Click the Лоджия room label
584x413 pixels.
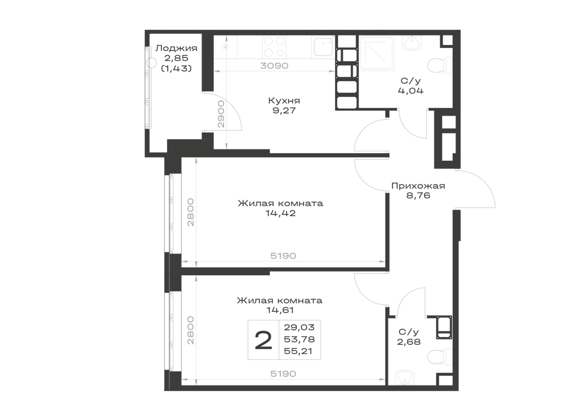click(176, 48)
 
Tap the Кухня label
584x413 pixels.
click(284, 100)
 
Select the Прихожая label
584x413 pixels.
click(418, 185)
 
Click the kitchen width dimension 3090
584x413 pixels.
click(274, 66)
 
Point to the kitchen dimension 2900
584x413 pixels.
click(221, 114)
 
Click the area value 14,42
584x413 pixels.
click(280, 213)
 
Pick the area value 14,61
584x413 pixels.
click(280, 310)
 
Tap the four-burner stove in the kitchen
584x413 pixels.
click(274, 47)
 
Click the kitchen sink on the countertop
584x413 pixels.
click(323, 47)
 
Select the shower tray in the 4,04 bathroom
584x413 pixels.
click(377, 53)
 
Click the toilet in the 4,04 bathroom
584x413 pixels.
click(436, 66)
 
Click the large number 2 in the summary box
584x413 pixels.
click(263, 340)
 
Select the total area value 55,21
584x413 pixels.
click(298, 351)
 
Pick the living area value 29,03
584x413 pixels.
click(299, 328)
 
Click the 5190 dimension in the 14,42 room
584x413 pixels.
click(283, 256)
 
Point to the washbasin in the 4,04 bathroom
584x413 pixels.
click(412, 43)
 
